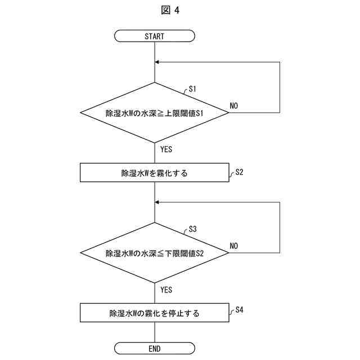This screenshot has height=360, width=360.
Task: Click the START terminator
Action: pos(154,36)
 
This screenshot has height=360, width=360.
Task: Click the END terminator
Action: pos(154,348)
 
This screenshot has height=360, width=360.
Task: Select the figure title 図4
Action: pos(180,10)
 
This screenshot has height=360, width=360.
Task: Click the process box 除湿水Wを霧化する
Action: pos(154,173)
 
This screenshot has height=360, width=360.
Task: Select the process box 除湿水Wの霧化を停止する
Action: pos(154,313)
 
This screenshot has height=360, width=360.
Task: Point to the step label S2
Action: pos(239,172)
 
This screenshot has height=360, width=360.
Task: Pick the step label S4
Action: pos(239,310)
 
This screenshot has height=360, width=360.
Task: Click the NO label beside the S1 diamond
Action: pos(234,106)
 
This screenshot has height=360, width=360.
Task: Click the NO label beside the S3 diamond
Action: pos(234,246)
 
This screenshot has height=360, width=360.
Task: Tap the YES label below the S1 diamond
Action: pos(166,150)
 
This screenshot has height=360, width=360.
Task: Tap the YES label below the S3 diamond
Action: pos(166,290)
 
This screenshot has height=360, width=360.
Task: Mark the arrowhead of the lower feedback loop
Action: pos(157,202)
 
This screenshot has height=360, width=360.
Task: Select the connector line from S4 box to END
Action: pos(154,332)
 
